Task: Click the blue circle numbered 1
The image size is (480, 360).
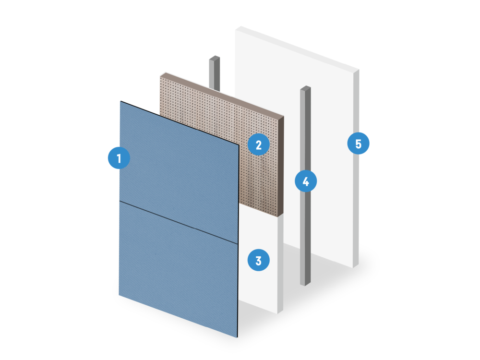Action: pos(119,158)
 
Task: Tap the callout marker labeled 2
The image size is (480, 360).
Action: pos(259,144)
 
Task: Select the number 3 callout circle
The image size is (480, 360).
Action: pos(259,260)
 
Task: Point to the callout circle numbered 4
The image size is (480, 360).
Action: pos(306,181)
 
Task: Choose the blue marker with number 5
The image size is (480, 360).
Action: pos(359,143)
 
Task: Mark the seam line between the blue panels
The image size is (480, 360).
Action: pos(179,223)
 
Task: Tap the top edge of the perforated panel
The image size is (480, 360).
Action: pos(222,95)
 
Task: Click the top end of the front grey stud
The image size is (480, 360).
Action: pos(305,88)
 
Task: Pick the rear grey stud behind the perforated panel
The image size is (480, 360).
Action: pos(214,73)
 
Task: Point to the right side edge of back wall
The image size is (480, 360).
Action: pos(356,168)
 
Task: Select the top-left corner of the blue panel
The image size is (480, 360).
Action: pos(120,101)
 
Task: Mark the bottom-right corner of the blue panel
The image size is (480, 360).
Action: pos(237,337)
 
